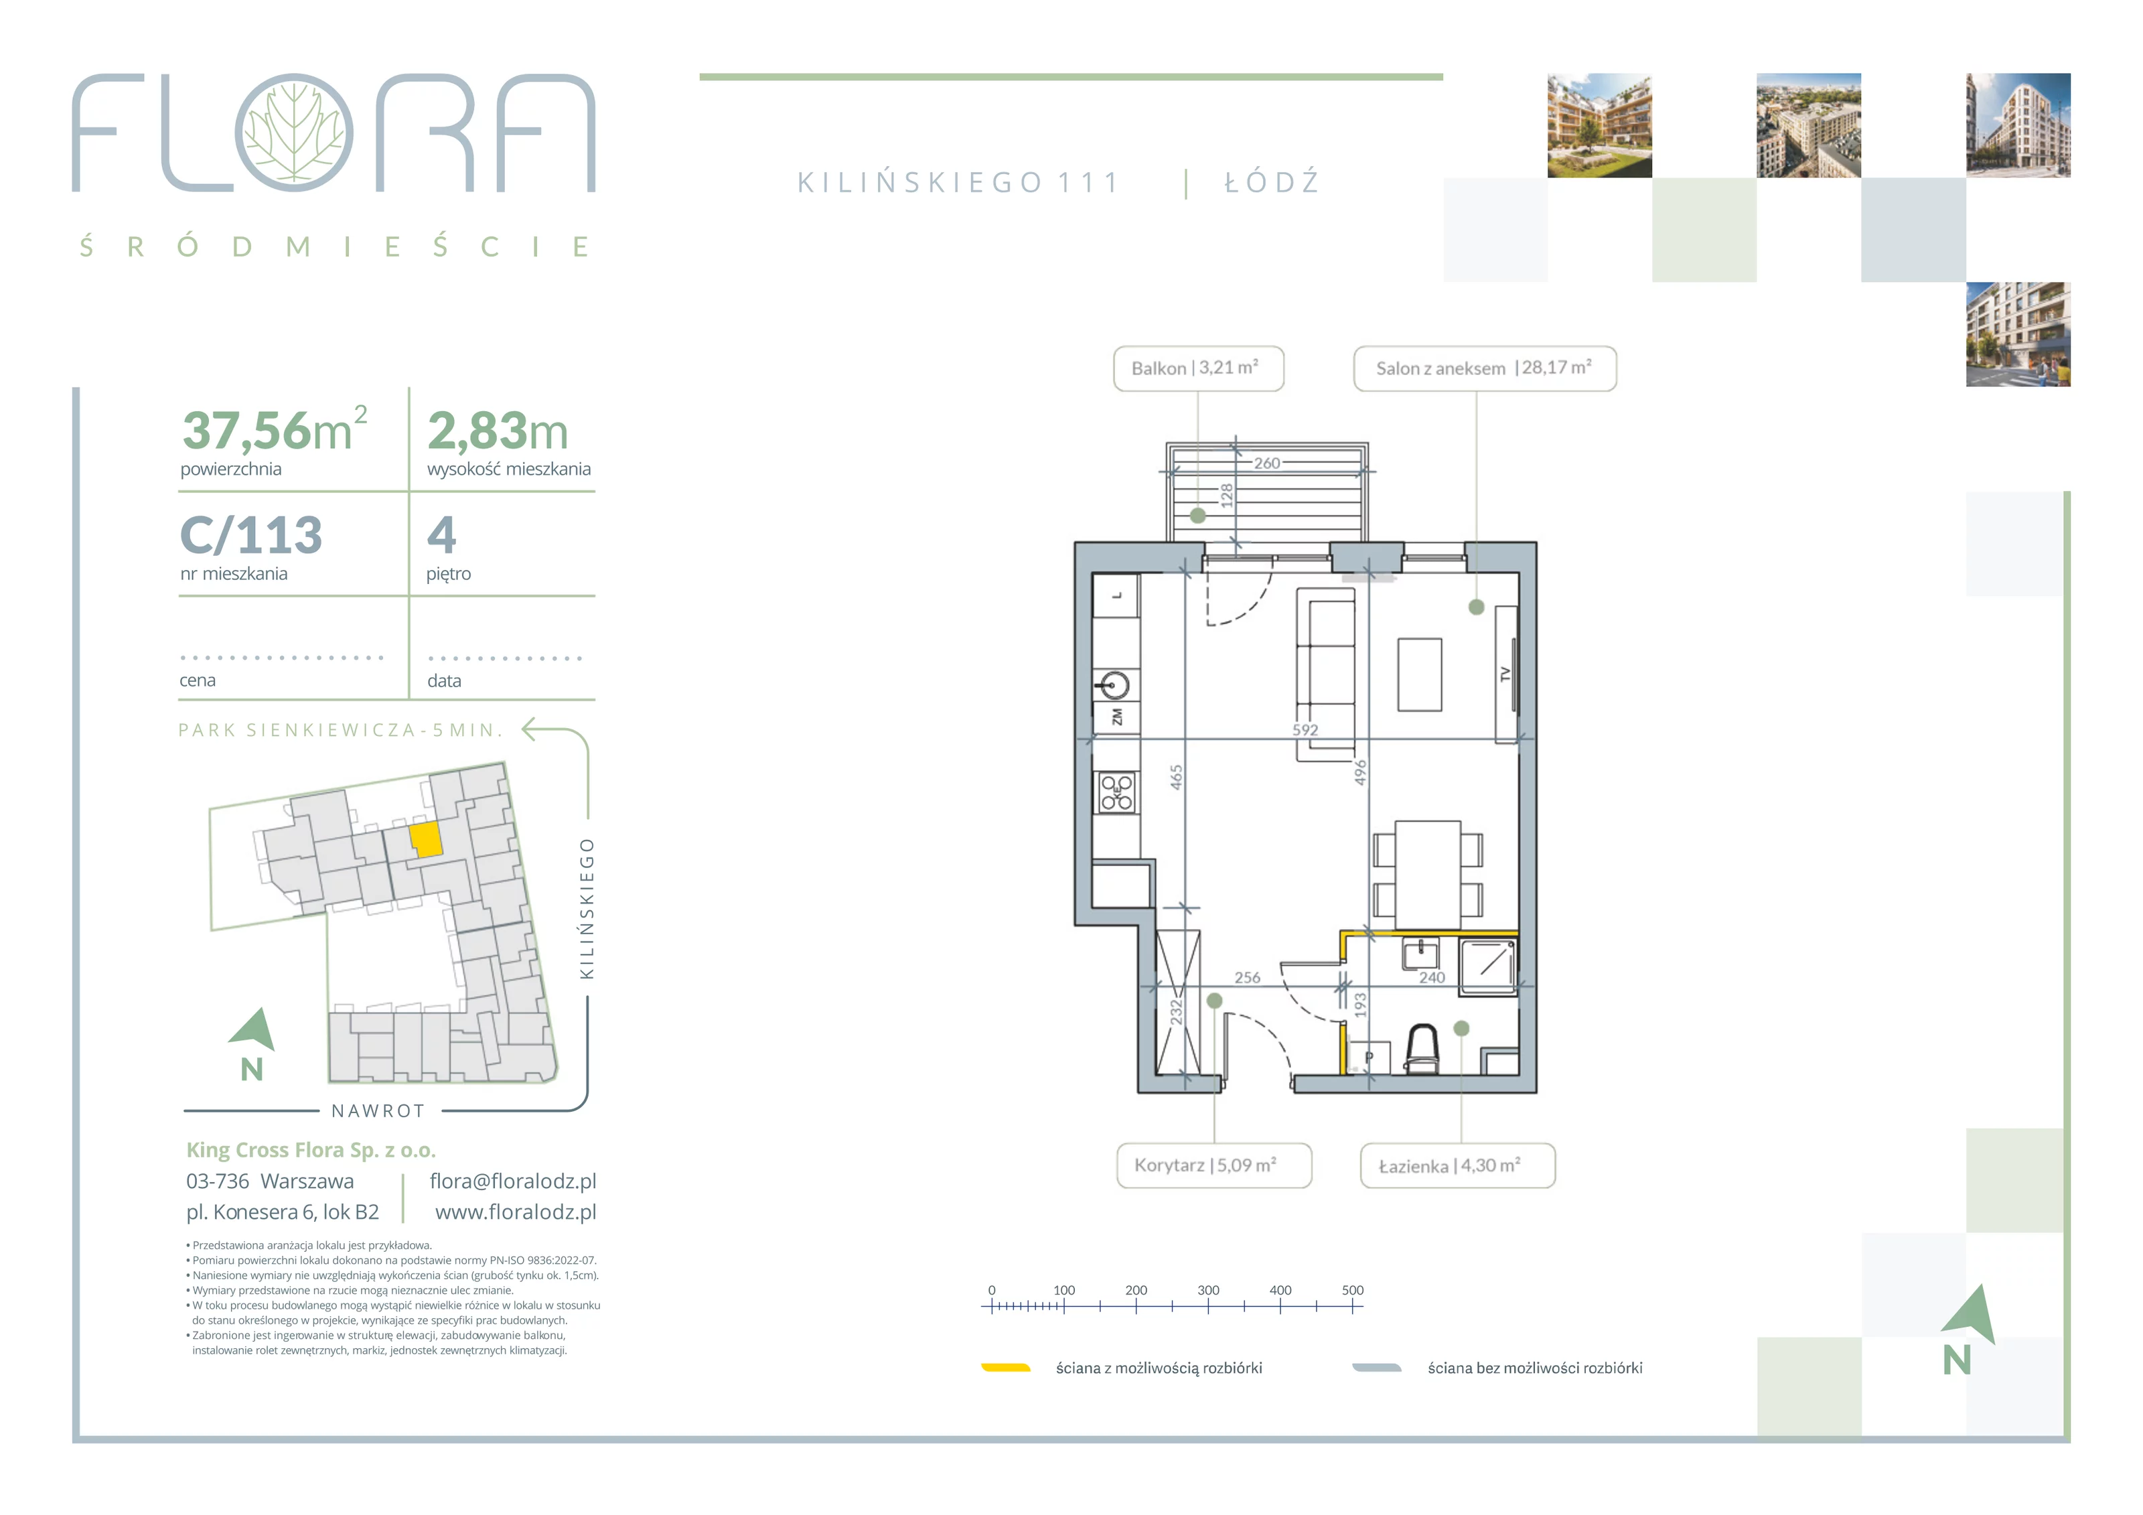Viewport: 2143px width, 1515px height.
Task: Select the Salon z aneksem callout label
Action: tap(1484, 369)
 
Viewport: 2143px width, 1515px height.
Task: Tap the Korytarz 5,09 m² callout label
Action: tap(1213, 1165)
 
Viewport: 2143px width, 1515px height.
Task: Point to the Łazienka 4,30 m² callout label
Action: tap(1457, 1166)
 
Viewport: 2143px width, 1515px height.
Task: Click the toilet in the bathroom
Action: tap(1423, 1050)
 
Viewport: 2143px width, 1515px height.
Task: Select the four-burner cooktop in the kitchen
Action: tap(1116, 792)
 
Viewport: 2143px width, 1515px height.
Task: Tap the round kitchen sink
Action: tap(1114, 685)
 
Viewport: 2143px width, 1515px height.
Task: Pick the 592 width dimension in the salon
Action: tap(1305, 730)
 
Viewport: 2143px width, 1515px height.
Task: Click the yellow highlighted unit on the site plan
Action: tap(427, 839)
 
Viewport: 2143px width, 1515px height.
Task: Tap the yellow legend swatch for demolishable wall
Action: tap(1005, 1368)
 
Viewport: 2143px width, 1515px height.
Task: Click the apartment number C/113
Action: tap(251, 536)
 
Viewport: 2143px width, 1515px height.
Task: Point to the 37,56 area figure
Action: tap(246, 431)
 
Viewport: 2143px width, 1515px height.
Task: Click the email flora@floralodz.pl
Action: tap(512, 1181)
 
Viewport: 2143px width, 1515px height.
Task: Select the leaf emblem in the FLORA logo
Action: tap(294, 133)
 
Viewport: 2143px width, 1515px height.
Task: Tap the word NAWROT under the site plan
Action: tap(378, 1111)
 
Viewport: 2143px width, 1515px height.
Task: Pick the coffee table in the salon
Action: tap(1420, 675)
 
